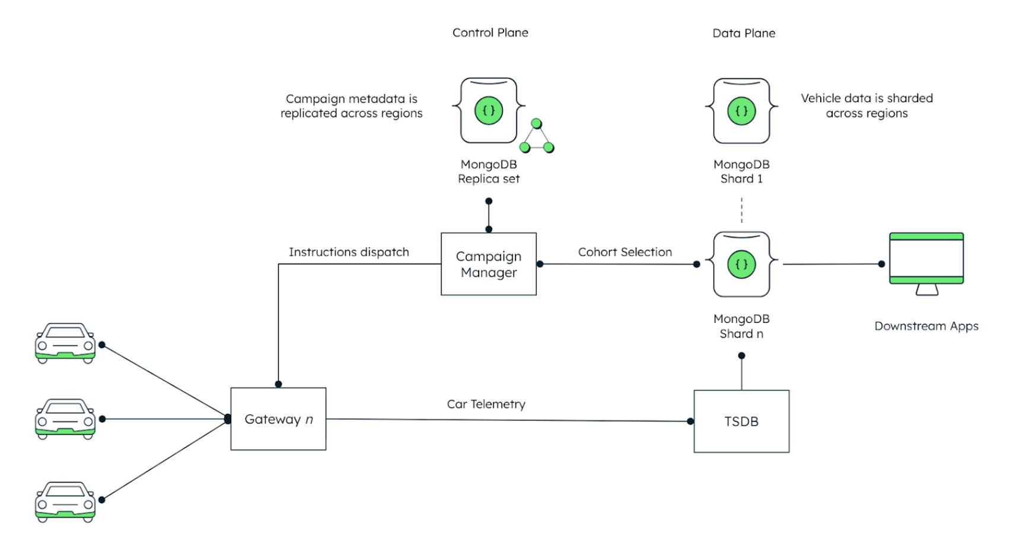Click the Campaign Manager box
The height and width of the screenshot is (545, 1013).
pyautogui.click(x=488, y=264)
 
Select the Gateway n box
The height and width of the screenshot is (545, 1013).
pyautogui.click(x=278, y=419)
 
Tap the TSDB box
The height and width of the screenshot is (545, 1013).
pyautogui.click(x=741, y=422)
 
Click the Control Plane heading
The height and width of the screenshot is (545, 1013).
pyautogui.click(x=490, y=33)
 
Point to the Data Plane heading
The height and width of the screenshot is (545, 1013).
pyautogui.click(x=744, y=33)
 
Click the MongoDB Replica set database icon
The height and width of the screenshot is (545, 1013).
pyautogui.click(x=489, y=111)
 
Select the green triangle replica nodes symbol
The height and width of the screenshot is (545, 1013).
pyautogui.click(x=537, y=137)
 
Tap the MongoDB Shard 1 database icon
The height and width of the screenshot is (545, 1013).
pyautogui.click(x=741, y=111)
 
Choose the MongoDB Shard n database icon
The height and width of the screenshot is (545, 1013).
pyautogui.click(x=741, y=265)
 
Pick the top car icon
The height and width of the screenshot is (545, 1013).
pyautogui.click(x=65, y=343)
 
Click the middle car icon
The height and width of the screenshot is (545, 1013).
pyautogui.click(x=65, y=419)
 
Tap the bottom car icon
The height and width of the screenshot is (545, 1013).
pyautogui.click(x=65, y=502)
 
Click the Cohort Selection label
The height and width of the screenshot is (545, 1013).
pyautogui.click(x=625, y=252)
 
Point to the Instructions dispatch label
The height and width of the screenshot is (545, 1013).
pyautogui.click(x=349, y=252)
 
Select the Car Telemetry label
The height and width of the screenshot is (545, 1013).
pyautogui.click(x=486, y=404)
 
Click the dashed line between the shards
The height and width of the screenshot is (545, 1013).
pyautogui.click(x=741, y=210)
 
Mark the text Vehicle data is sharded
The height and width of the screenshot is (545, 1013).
pyautogui.click(x=867, y=99)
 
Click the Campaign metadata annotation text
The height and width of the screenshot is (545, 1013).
pyautogui.click(x=351, y=106)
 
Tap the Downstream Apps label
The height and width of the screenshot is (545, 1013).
pyautogui.click(x=926, y=326)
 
